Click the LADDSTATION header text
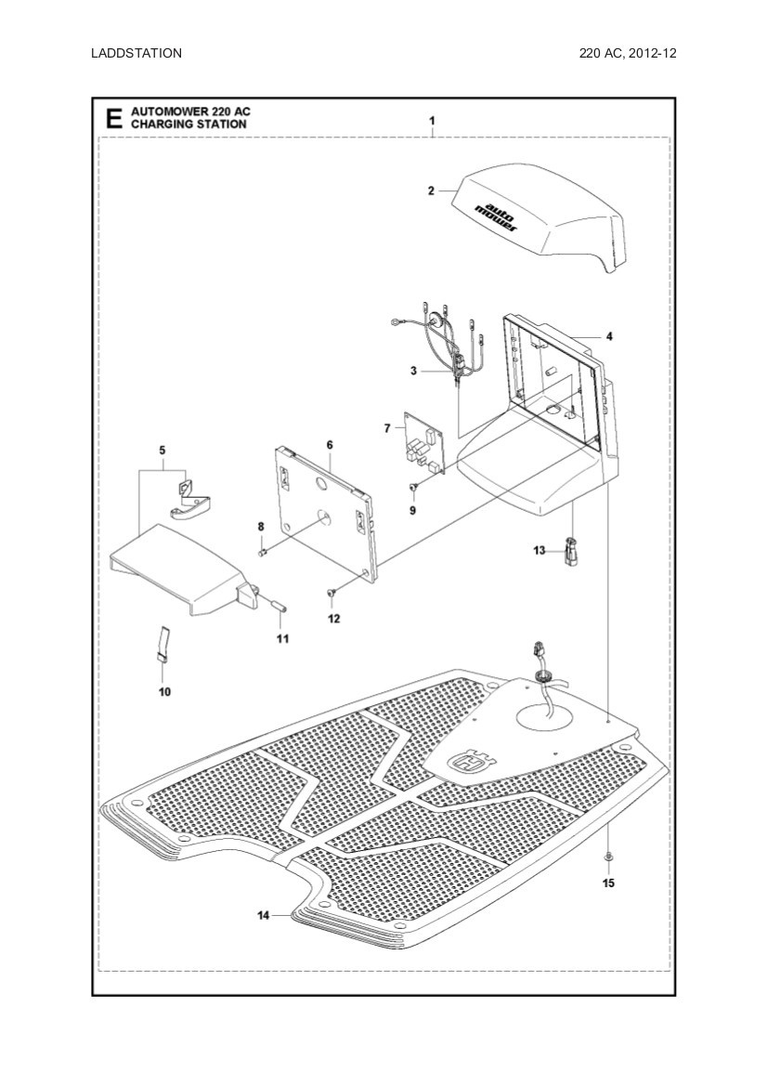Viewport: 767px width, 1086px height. tap(136, 53)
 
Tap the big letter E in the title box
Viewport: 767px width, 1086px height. tap(113, 118)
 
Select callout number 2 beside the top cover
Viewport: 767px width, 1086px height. tap(431, 190)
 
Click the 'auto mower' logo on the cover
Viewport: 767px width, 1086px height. tap(498, 216)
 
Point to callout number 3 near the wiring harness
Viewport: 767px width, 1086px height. tap(413, 371)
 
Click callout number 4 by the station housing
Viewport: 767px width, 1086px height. tap(609, 335)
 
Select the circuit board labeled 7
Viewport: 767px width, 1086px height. tap(423, 445)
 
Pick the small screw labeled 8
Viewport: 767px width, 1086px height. tap(263, 553)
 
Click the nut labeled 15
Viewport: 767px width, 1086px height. tap(607, 854)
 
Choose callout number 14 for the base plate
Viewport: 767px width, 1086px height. tap(264, 915)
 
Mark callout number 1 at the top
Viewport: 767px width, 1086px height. tap(432, 121)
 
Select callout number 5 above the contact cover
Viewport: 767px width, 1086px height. tap(162, 451)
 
